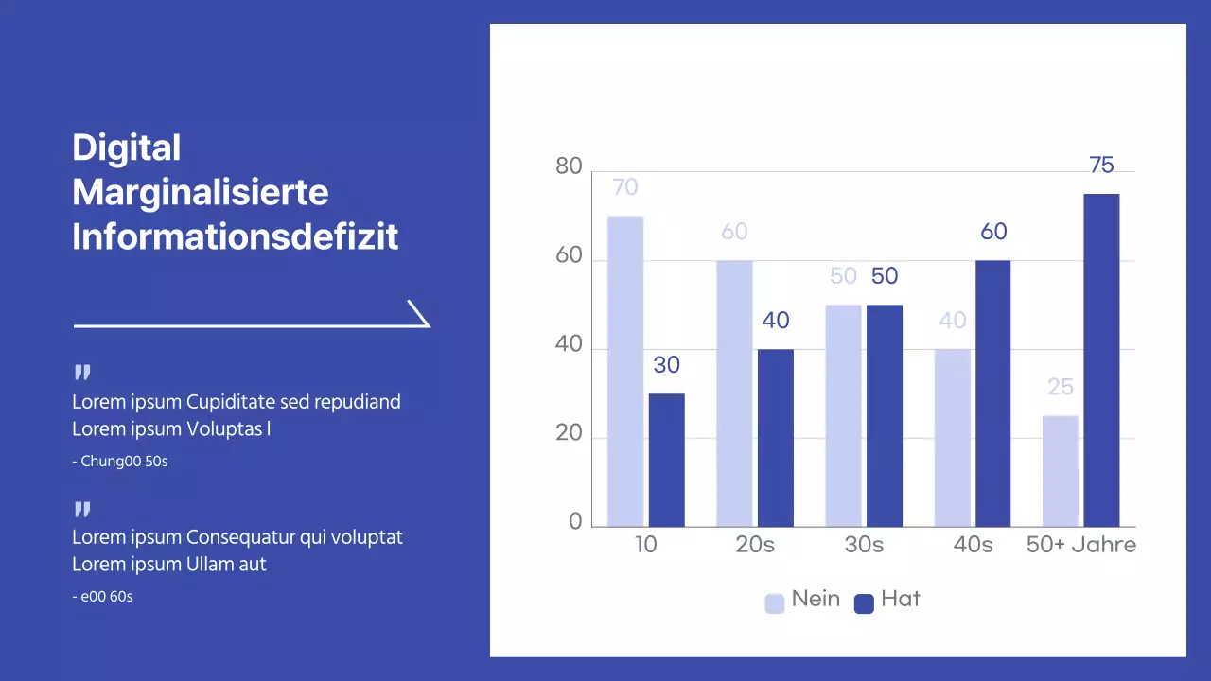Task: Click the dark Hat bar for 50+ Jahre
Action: click(1101, 360)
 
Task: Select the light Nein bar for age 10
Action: click(625, 371)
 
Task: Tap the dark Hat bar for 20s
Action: click(776, 438)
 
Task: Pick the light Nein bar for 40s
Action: click(953, 438)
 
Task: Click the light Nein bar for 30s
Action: click(843, 415)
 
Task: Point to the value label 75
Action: click(1101, 166)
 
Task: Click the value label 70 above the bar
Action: click(625, 187)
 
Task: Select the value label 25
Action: click(1061, 387)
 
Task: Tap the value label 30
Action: click(666, 365)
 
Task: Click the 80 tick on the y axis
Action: click(569, 167)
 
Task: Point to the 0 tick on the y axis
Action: click(575, 523)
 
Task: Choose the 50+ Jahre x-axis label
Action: click(1081, 546)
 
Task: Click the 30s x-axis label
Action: click(864, 546)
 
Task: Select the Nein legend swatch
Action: click(775, 603)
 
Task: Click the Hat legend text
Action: click(900, 600)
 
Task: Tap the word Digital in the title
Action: click(126, 148)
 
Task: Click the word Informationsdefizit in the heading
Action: click(236, 236)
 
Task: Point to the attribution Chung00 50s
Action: click(120, 463)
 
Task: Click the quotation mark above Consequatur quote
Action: click(82, 511)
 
